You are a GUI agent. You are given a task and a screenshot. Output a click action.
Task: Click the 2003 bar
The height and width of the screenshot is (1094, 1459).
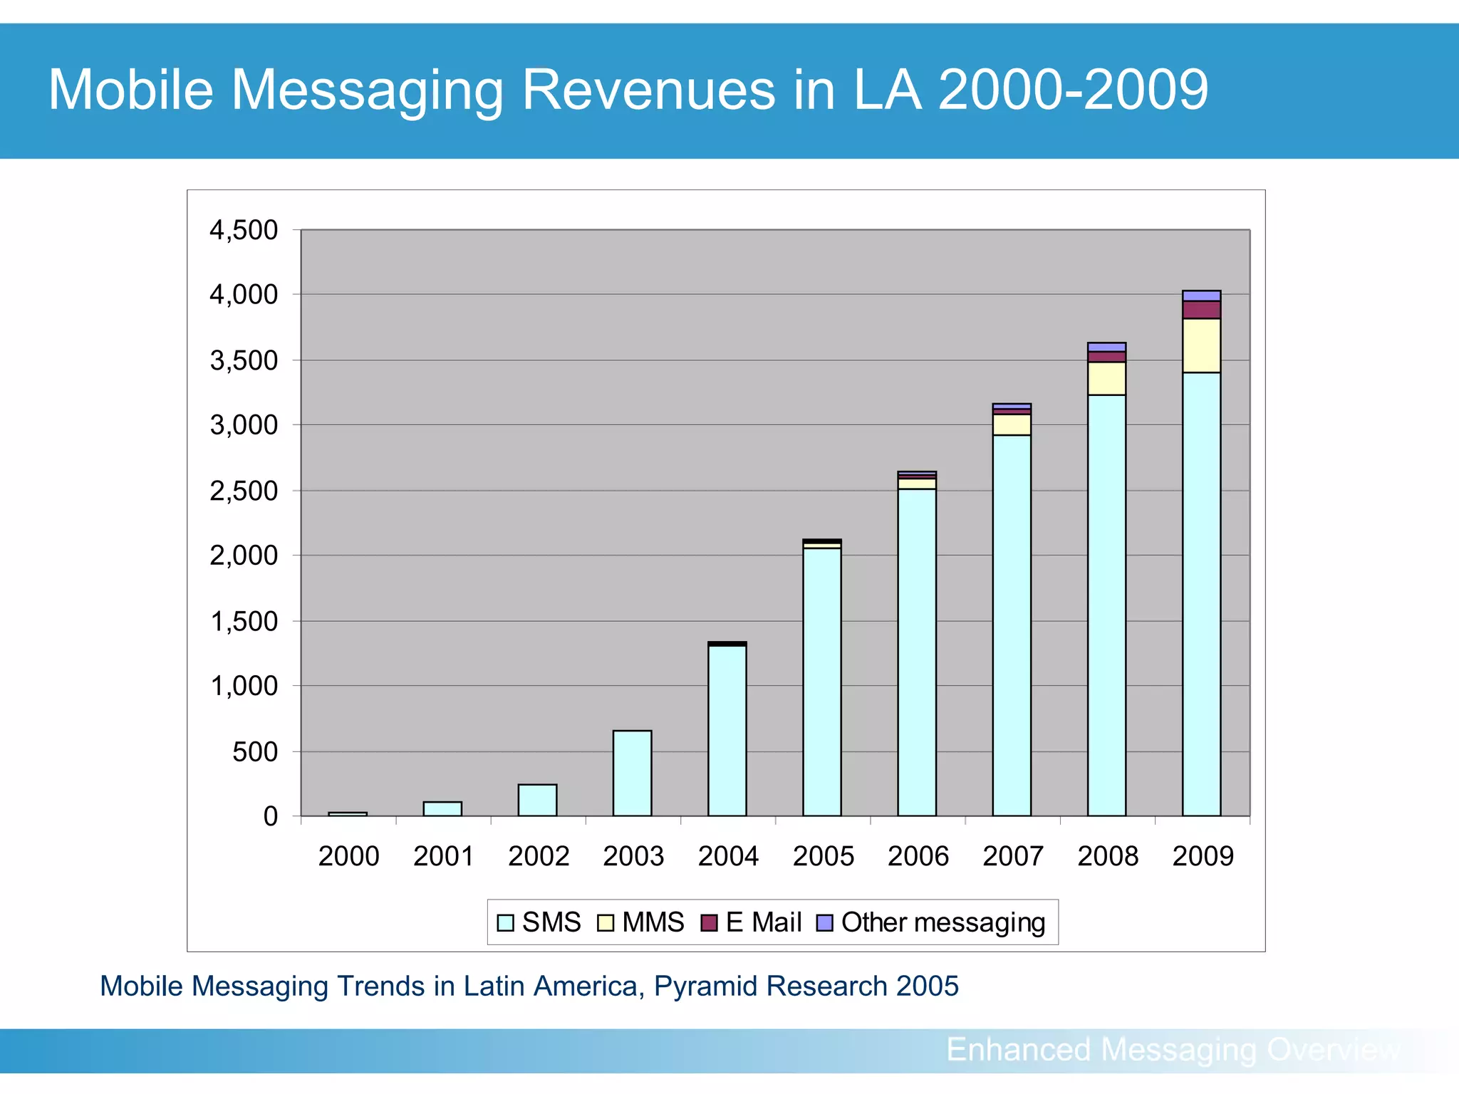[x=632, y=773]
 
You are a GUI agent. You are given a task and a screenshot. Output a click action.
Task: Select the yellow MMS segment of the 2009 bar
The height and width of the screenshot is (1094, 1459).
[x=1201, y=345]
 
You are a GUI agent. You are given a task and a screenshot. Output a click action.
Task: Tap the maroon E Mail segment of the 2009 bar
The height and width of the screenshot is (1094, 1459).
[x=1201, y=310]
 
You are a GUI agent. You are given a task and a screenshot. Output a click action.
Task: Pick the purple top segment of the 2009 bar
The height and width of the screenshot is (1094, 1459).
[x=1201, y=296]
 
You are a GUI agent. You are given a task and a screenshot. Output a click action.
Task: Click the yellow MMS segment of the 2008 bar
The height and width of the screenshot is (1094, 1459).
[x=1106, y=378]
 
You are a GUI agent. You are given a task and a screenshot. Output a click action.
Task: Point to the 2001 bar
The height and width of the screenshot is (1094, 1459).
[x=442, y=808]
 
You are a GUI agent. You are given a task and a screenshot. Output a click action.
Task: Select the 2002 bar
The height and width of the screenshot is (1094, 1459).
[x=537, y=800]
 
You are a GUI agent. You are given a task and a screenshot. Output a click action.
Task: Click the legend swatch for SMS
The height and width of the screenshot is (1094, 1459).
[x=505, y=923]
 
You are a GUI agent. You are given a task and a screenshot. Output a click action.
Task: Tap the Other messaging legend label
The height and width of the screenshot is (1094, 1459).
[x=943, y=922]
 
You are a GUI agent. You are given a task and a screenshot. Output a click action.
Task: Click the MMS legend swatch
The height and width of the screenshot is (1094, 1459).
[x=605, y=923]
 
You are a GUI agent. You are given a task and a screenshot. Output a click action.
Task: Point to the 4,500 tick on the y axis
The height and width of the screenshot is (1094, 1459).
[x=244, y=230]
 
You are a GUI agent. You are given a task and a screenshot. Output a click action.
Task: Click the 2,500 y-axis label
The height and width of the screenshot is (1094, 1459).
[x=244, y=491]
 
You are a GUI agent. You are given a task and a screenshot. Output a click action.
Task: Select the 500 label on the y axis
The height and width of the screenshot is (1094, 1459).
[x=255, y=751]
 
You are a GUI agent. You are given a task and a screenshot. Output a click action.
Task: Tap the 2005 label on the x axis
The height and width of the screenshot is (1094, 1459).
[x=823, y=855]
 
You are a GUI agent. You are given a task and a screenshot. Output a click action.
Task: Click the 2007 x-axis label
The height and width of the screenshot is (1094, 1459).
[x=1012, y=855]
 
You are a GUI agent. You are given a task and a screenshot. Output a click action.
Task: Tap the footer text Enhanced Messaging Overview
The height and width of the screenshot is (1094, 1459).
[x=1173, y=1050]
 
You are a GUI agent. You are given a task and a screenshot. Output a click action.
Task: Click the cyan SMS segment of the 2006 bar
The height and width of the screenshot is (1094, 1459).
[x=917, y=652]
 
